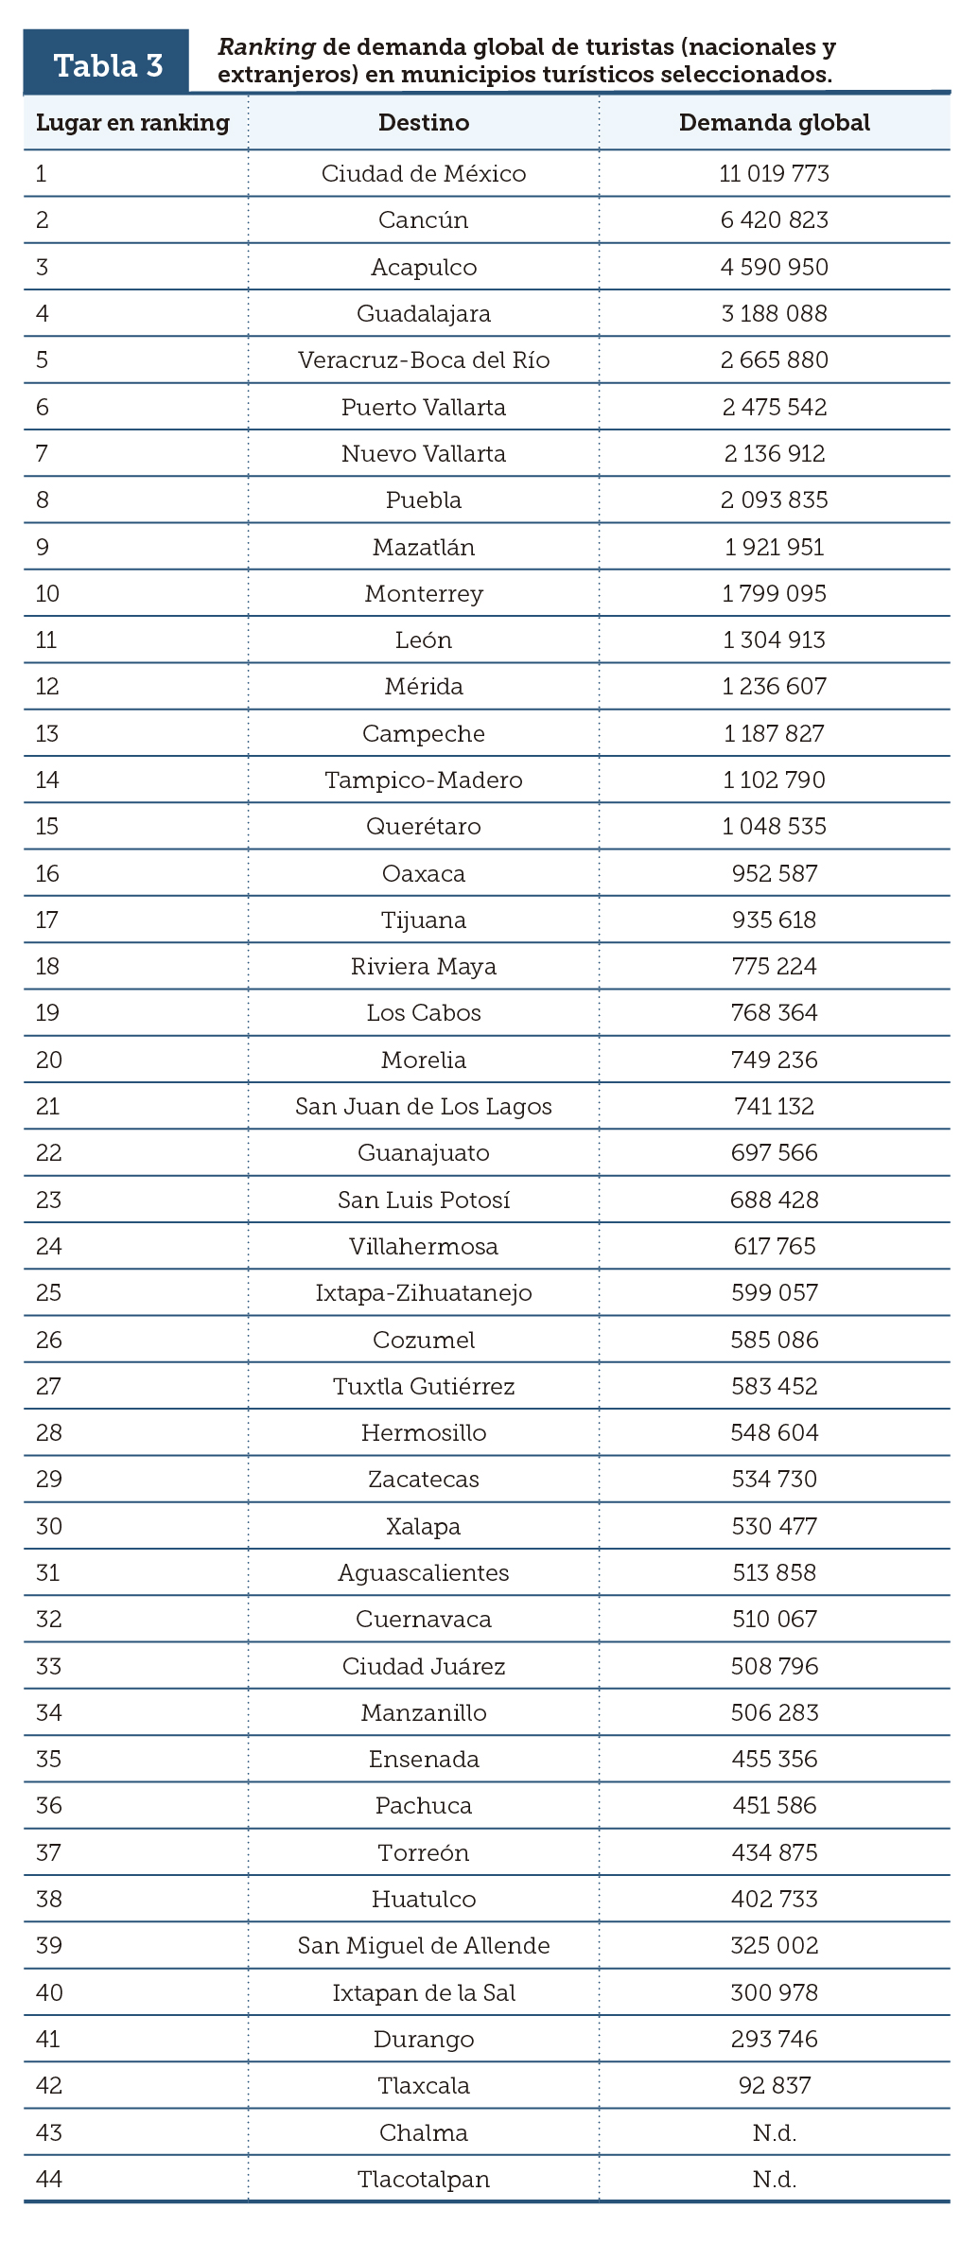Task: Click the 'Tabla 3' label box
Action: click(x=107, y=64)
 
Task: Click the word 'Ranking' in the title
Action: click(x=266, y=47)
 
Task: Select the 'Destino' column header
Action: click(x=423, y=123)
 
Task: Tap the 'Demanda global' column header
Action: click(x=774, y=123)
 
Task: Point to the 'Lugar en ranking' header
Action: click(x=132, y=123)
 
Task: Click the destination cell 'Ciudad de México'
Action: click(x=423, y=174)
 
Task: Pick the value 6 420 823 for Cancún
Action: click(x=774, y=220)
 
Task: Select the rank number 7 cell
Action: click(x=42, y=454)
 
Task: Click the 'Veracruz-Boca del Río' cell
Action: click(x=423, y=360)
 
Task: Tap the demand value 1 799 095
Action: click(x=774, y=594)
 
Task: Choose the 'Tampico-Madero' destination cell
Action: click(x=423, y=780)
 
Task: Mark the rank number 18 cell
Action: click(x=47, y=967)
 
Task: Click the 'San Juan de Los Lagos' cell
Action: click(x=423, y=1107)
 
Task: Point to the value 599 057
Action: click(x=774, y=1293)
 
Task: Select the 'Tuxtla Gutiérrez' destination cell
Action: click(x=423, y=1387)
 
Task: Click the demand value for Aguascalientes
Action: click(x=774, y=1573)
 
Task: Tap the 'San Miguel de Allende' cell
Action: click(x=423, y=1946)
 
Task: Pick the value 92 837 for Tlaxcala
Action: click(x=774, y=2086)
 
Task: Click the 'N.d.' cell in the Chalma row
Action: click(x=774, y=2133)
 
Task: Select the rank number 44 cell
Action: click(x=48, y=2180)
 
